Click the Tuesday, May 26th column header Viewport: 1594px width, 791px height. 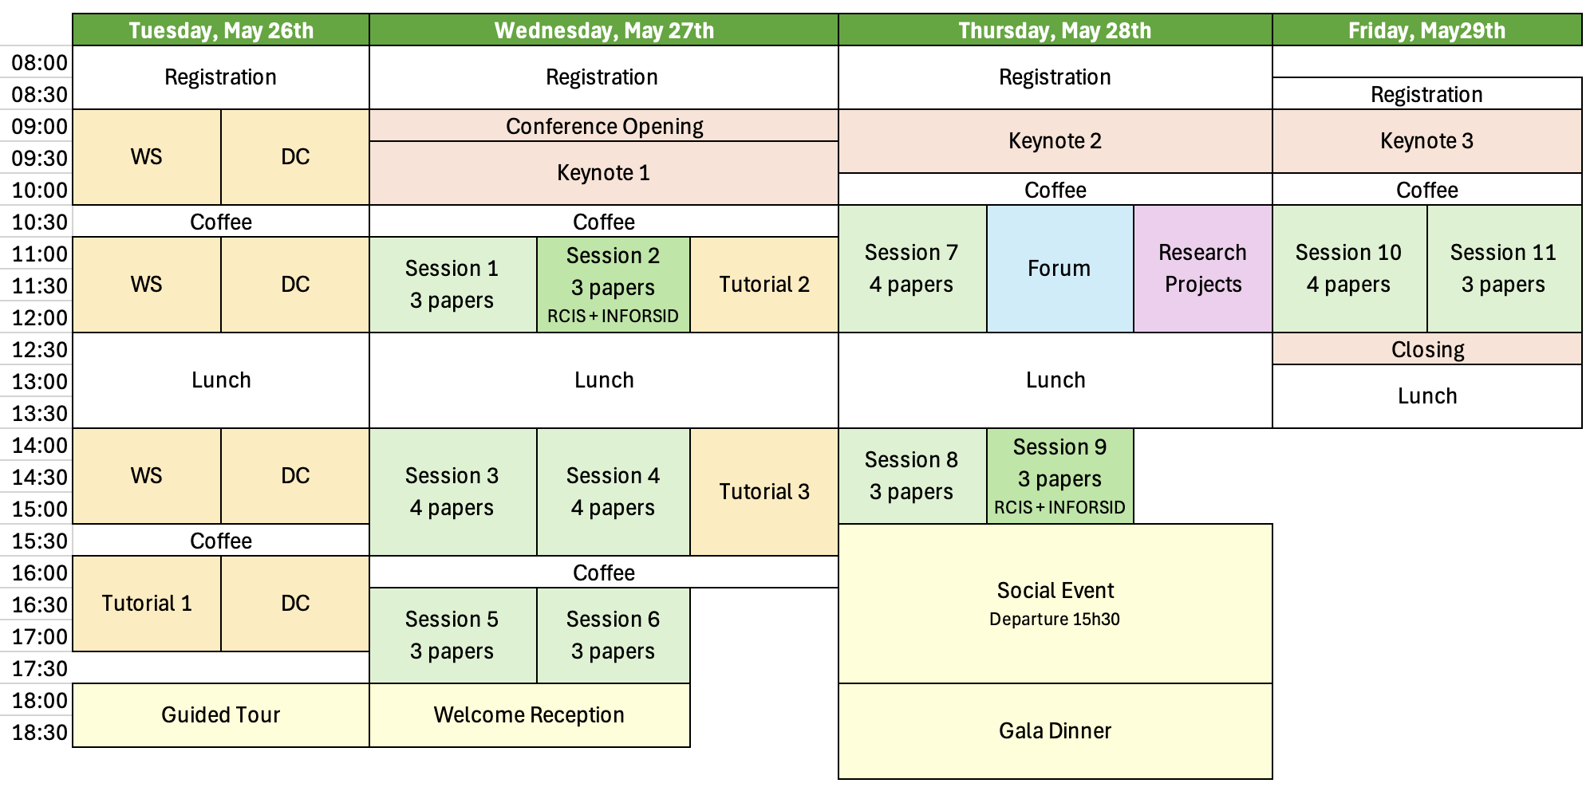[221, 30]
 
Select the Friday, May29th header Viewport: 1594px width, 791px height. [1426, 30]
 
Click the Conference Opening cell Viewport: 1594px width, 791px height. [604, 126]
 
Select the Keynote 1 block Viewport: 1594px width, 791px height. [604, 173]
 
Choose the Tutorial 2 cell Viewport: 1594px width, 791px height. [764, 285]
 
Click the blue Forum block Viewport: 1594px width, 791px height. [1059, 269]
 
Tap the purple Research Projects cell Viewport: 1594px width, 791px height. [1202, 269]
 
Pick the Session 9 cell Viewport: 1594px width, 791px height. [1059, 476]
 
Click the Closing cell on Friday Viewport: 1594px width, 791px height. [1427, 349]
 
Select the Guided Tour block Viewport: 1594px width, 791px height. [221, 714]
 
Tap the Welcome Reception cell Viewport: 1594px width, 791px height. [529, 714]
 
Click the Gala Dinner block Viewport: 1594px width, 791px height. [1055, 730]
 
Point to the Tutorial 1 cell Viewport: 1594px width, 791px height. [147, 604]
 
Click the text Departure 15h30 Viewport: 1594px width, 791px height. [1055, 620]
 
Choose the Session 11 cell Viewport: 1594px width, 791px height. [1503, 269]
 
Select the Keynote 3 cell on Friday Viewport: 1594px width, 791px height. [1426, 141]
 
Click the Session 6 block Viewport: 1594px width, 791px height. [613, 636]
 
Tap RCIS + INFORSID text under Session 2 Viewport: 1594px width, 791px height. [613, 316]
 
